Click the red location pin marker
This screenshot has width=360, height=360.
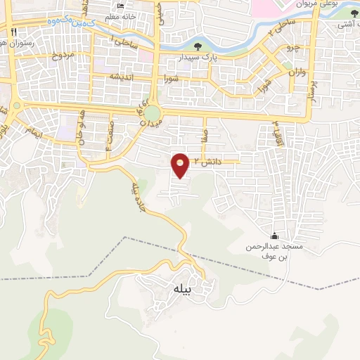181,165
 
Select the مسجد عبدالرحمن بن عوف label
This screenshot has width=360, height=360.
268,252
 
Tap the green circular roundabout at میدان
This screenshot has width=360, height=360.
153,113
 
